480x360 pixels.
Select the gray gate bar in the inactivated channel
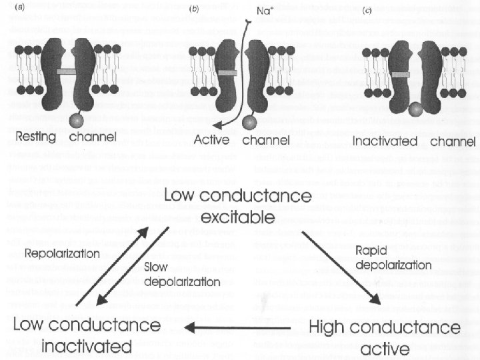point(401,75)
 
